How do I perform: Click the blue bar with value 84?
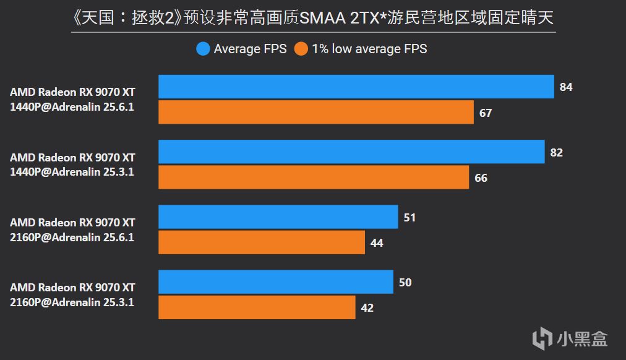[x=356, y=87]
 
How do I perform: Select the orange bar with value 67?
[x=315, y=113]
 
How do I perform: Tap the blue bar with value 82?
[x=351, y=152]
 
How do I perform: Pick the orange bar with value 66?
[x=314, y=178]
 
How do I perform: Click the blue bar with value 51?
[x=278, y=217]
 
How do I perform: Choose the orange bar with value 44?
[x=261, y=242]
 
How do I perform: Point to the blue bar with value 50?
[x=275, y=282]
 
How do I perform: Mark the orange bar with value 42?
[x=257, y=307]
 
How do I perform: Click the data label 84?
[x=566, y=87]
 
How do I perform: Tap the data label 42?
[x=367, y=307]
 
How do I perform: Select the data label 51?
[x=409, y=218]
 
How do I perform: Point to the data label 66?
[x=481, y=178]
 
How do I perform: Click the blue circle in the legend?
[x=203, y=49]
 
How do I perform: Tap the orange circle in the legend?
[x=301, y=49]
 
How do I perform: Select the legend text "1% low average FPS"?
[x=369, y=49]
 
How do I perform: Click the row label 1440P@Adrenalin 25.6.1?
[x=72, y=106]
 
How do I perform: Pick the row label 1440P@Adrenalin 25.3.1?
[x=72, y=171]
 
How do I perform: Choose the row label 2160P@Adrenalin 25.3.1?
[x=72, y=302]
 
